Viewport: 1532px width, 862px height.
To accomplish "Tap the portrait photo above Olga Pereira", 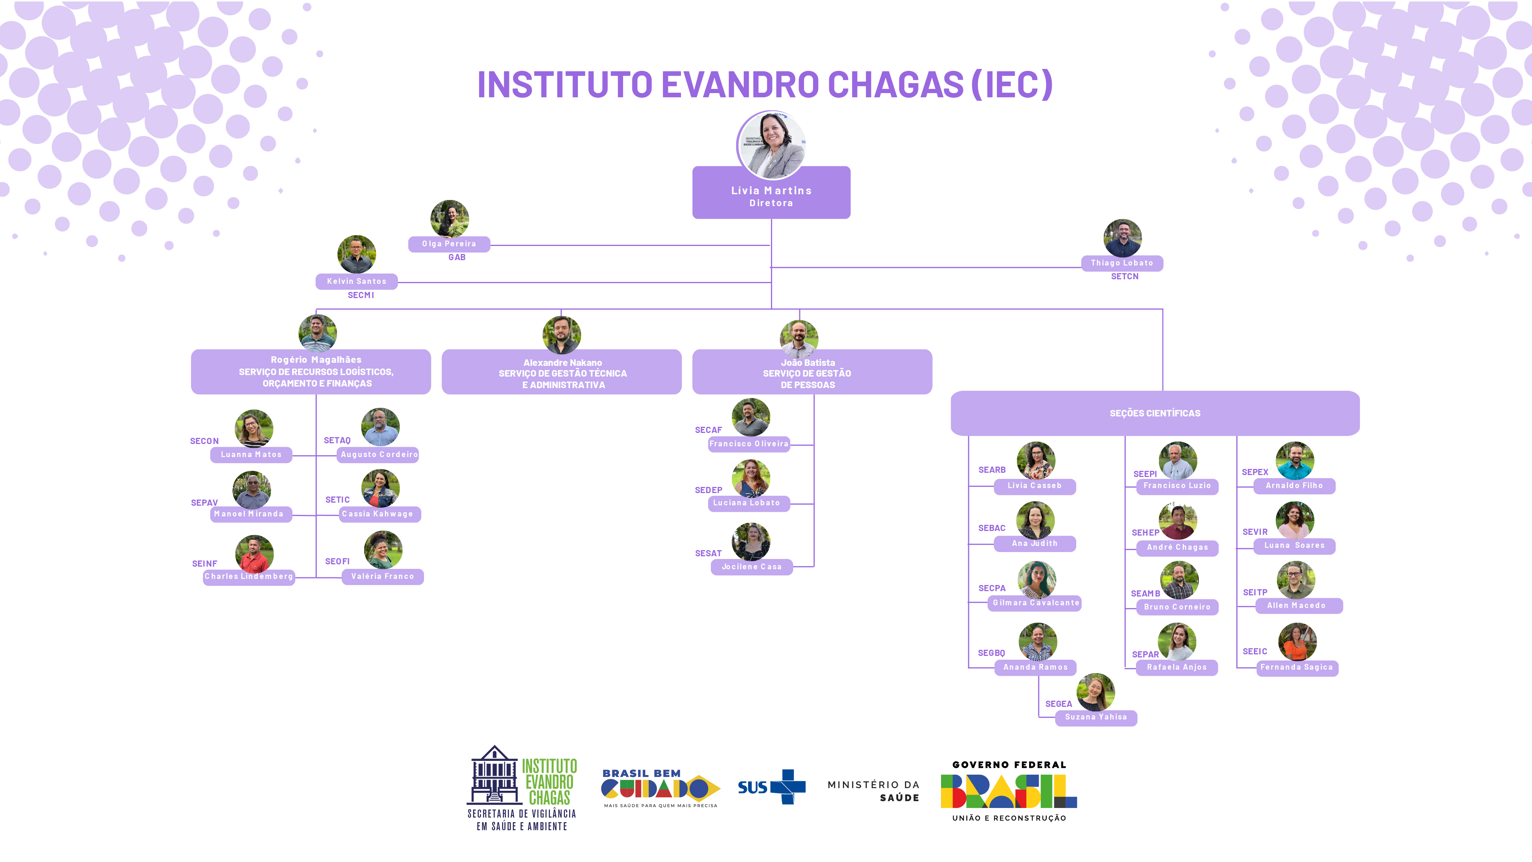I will pyautogui.click(x=450, y=218).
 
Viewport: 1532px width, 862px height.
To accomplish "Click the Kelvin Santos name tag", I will pyautogui.click(x=356, y=281).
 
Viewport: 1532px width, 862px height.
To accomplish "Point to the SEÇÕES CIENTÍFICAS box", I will pyautogui.click(x=1155, y=413).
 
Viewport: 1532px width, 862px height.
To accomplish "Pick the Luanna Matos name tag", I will pyautogui.click(x=251, y=454).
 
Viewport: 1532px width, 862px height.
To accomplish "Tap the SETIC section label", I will pyautogui.click(x=337, y=500).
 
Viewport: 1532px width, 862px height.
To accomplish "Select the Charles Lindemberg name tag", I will pyautogui.click(x=249, y=577).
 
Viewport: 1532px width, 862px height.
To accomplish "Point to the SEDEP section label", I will pyautogui.click(x=708, y=490).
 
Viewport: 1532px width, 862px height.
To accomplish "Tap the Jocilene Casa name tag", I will pyautogui.click(x=752, y=567).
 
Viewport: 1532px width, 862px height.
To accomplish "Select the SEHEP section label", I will pyautogui.click(x=1146, y=533).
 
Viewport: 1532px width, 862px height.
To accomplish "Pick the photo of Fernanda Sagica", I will pyautogui.click(x=1297, y=641).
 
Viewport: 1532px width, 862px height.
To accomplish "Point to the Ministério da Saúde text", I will pyautogui.click(x=873, y=791).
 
